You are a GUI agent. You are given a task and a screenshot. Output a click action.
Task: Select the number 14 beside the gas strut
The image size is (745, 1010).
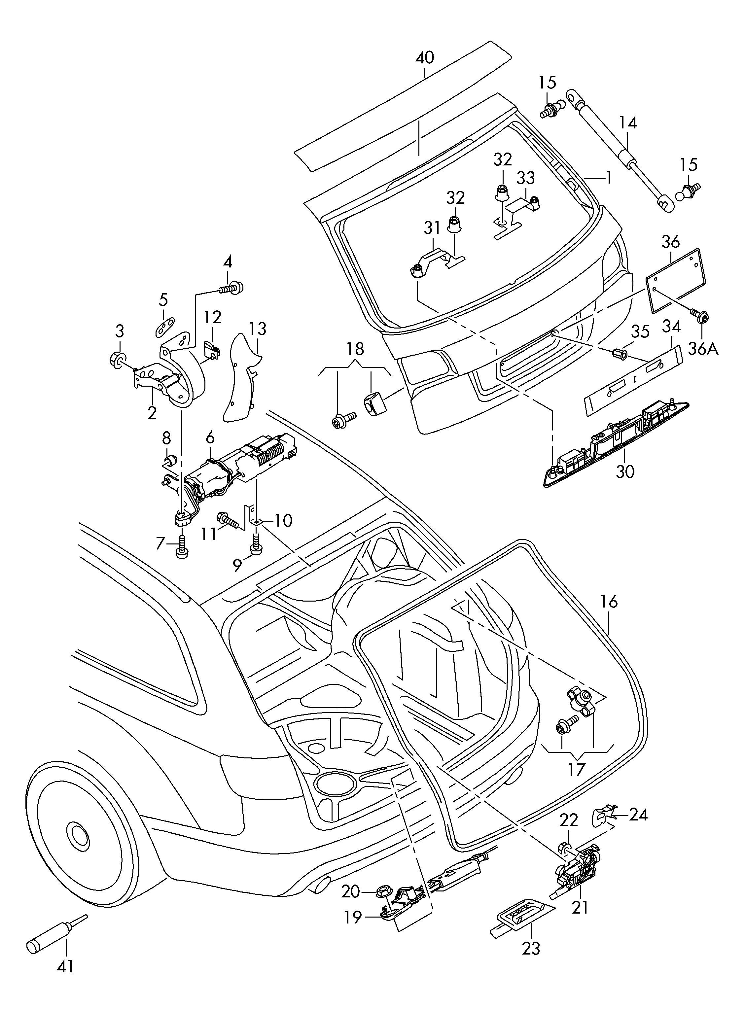coord(627,122)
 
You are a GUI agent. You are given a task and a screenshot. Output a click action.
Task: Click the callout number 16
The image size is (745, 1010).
coord(609,602)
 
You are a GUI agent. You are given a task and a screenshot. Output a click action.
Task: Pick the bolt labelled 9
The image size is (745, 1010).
coord(255,544)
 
